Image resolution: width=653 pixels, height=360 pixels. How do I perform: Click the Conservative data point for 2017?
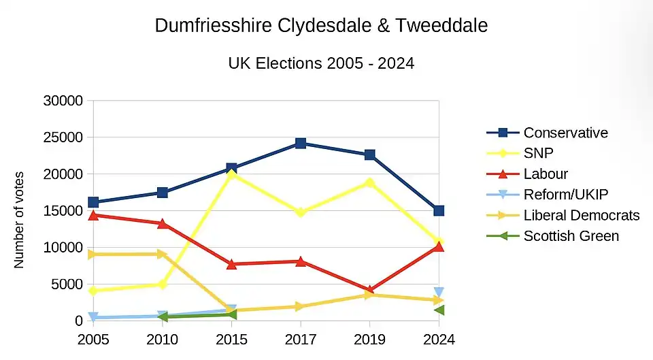pos(300,144)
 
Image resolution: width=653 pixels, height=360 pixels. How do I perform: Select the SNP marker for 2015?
pos(231,174)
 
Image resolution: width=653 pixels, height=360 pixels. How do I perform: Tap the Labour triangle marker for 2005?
pos(93,215)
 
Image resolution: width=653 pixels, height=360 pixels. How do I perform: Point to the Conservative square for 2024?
pos(439,211)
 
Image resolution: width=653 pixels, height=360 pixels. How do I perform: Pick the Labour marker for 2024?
pos(439,246)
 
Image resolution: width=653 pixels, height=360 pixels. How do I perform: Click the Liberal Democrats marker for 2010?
pos(163,254)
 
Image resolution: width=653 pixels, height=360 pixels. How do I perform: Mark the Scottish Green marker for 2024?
pos(439,310)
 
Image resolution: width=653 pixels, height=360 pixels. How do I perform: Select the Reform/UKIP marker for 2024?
pos(439,293)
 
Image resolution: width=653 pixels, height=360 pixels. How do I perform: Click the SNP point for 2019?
pos(369,182)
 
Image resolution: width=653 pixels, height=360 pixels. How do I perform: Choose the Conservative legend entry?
pos(565,133)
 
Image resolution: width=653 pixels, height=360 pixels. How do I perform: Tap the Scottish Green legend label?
pos(571,236)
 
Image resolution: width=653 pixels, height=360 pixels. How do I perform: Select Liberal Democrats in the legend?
pos(581,215)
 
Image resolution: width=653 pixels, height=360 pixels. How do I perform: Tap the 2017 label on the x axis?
pos(300,339)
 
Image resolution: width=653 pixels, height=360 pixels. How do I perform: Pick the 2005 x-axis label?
pos(93,339)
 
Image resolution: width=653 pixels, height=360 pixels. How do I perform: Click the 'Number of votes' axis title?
pos(20,219)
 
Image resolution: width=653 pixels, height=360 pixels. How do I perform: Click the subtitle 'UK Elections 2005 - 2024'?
pos(321,63)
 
